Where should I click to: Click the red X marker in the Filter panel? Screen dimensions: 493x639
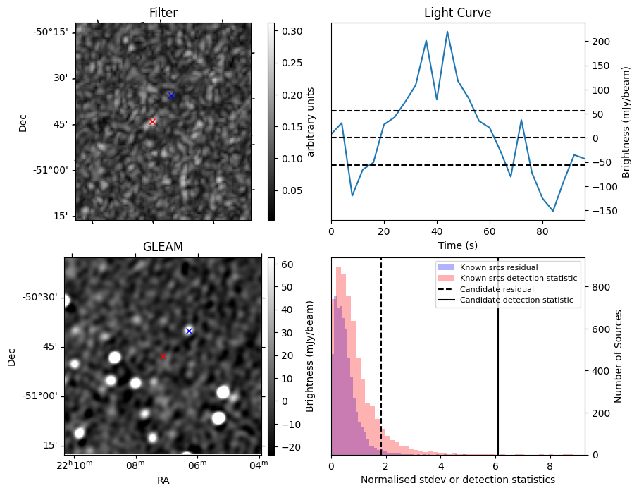pyautogui.click(x=152, y=122)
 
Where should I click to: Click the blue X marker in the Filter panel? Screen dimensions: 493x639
pyautogui.click(x=171, y=95)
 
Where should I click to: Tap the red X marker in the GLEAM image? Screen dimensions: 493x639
pyautogui.click(x=163, y=357)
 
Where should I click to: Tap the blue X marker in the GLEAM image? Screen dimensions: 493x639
pyautogui.click(x=189, y=331)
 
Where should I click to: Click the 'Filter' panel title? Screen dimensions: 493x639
pyautogui.click(x=163, y=13)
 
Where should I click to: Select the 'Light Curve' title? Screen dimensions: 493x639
pyautogui.click(x=457, y=13)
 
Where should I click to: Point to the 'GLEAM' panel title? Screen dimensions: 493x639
pyautogui.click(x=163, y=247)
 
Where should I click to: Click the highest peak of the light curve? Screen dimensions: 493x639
pyautogui.click(x=447, y=32)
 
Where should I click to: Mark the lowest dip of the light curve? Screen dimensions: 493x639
pyautogui.click(x=553, y=211)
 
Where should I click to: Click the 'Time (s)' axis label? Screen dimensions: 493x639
pyautogui.click(x=457, y=245)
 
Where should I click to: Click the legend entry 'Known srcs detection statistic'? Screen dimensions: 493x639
pyautogui.click(x=518, y=279)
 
